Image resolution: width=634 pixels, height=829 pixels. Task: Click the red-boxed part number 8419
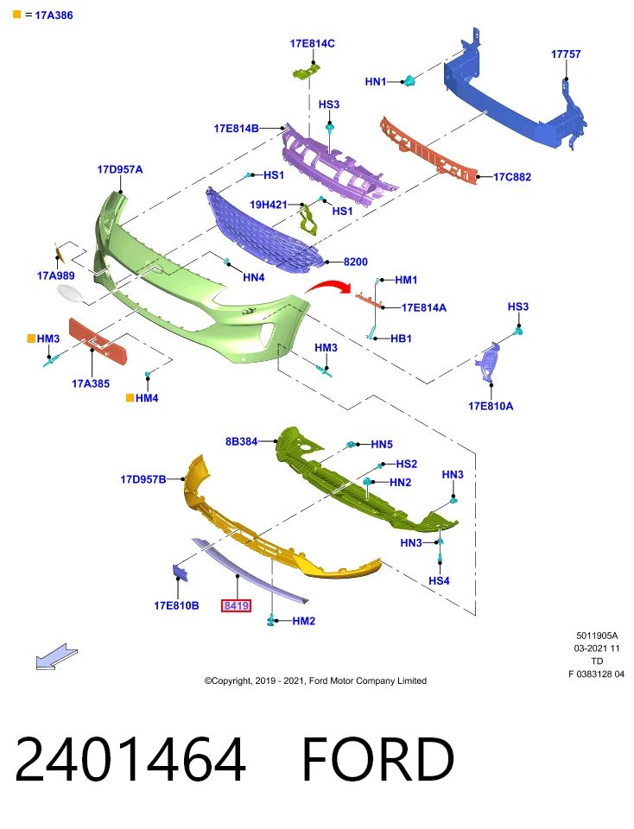click(236, 605)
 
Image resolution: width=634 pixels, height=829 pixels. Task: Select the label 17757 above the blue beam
click(566, 54)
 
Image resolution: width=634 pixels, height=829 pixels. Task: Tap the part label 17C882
click(512, 177)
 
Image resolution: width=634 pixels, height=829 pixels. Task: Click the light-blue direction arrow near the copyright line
click(57, 656)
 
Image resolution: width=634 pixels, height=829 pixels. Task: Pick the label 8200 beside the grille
click(355, 262)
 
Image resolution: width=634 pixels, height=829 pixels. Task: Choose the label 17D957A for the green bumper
click(120, 170)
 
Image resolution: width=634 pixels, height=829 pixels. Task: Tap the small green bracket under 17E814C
click(307, 72)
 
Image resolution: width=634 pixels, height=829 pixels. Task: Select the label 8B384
click(241, 441)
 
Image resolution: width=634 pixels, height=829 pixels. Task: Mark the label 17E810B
click(176, 605)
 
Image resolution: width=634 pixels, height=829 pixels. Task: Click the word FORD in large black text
click(378, 759)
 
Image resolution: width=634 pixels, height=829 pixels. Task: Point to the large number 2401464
click(130, 759)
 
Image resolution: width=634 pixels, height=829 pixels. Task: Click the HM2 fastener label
click(303, 621)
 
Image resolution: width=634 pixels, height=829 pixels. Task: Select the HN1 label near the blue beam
click(376, 81)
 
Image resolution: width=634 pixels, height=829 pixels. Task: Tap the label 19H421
click(268, 205)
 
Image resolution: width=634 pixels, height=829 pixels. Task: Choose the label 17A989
click(55, 275)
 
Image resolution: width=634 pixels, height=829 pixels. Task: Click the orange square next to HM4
click(130, 397)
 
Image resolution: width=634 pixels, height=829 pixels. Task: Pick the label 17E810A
click(491, 406)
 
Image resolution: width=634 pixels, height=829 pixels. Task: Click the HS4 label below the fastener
click(439, 580)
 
